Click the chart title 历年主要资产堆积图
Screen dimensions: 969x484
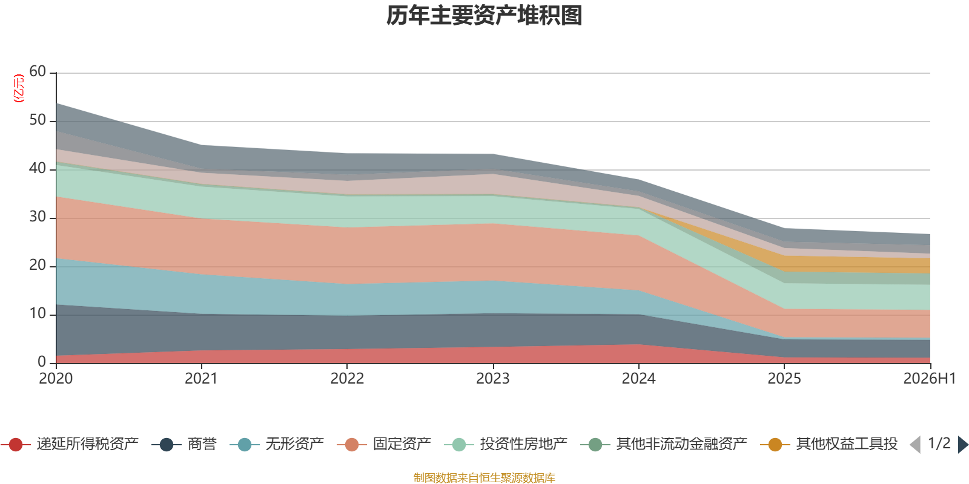[484, 16]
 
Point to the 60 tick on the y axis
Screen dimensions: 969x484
[38, 71]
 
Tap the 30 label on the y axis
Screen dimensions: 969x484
[38, 217]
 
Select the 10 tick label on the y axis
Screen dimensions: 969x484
[38, 313]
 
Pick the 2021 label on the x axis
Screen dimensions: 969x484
[201, 378]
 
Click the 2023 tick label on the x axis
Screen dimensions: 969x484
[493, 378]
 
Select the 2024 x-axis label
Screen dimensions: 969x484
[638, 378]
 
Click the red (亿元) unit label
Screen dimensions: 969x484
[19, 88]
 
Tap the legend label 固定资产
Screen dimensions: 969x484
[402, 444]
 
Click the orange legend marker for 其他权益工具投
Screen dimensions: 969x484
[775, 444]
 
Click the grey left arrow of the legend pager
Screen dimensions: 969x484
[915, 444]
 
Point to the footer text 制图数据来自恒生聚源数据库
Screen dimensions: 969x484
[484, 477]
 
